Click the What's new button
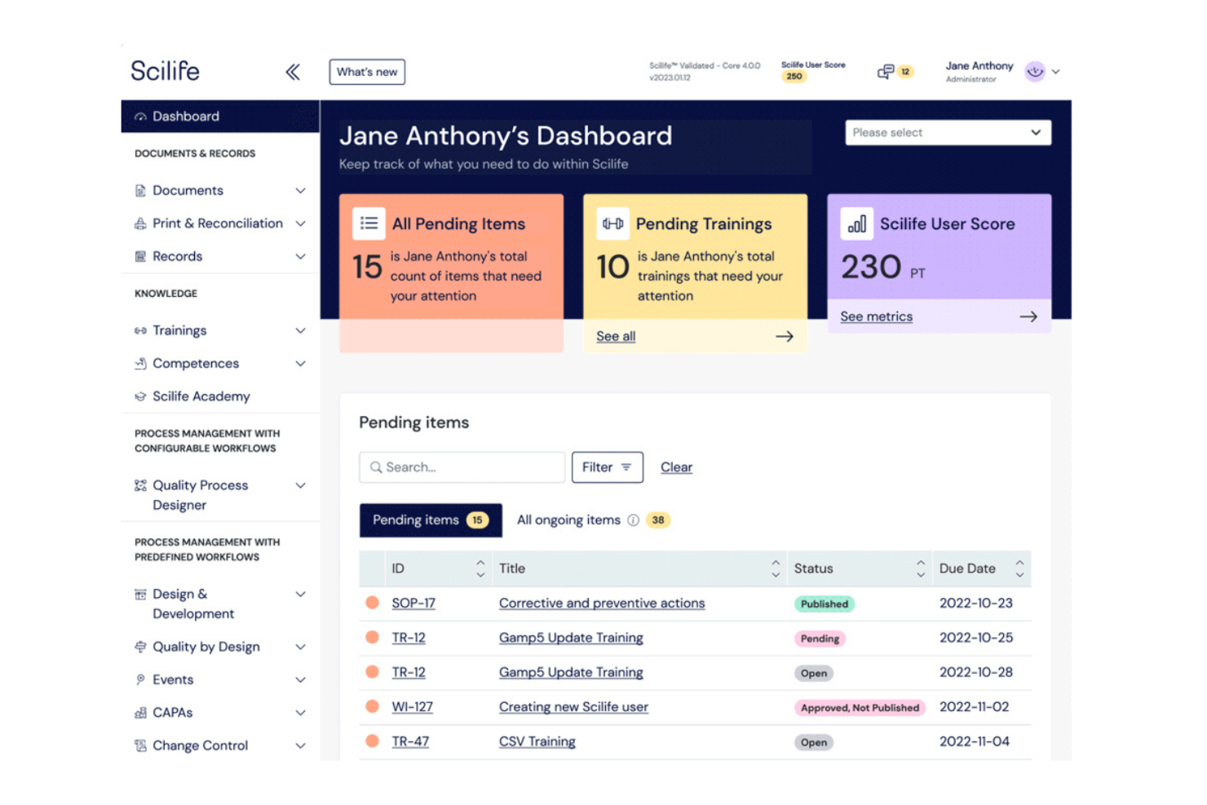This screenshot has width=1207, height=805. pyautogui.click(x=367, y=72)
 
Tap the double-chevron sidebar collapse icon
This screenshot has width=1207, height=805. pyautogui.click(x=293, y=72)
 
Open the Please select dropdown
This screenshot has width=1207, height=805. pyautogui.click(x=948, y=133)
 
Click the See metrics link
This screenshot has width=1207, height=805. pyautogui.click(x=876, y=316)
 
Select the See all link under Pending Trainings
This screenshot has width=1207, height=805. pyautogui.click(x=616, y=336)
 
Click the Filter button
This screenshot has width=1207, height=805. pyautogui.click(x=608, y=467)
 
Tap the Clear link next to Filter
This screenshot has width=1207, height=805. pyautogui.click(x=676, y=467)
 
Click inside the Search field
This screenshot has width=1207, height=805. pyautogui.click(x=462, y=467)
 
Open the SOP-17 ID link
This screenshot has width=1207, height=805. pyautogui.click(x=413, y=603)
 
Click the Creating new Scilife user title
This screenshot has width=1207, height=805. pyautogui.click(x=573, y=706)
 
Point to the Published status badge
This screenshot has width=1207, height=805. pyautogui.click(x=824, y=604)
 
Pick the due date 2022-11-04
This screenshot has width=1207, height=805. pyautogui.click(x=975, y=741)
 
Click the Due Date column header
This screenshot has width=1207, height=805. pyautogui.click(x=966, y=568)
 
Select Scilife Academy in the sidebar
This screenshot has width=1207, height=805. pyautogui.click(x=201, y=396)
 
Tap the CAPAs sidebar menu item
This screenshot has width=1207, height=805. pyautogui.click(x=172, y=712)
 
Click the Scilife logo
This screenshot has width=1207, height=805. pyautogui.click(x=165, y=71)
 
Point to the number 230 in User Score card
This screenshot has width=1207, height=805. pyautogui.click(x=871, y=267)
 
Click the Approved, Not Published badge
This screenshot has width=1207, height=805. pyautogui.click(x=860, y=707)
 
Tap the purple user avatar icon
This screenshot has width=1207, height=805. pyautogui.click(x=1035, y=72)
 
